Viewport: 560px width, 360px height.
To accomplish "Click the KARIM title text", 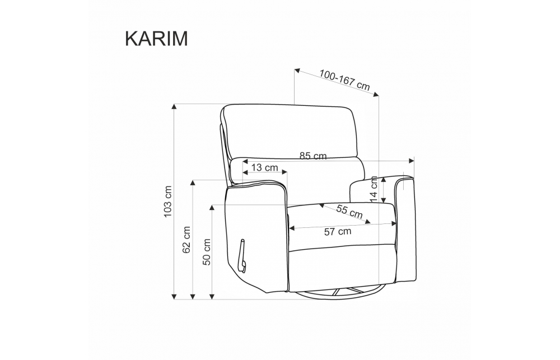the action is point(156,39).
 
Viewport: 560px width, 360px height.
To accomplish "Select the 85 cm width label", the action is point(313,156).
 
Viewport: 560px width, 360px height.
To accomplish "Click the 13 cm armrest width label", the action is point(265,167).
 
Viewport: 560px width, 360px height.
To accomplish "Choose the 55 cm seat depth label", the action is point(349,212).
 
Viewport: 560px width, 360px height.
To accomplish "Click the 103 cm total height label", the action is point(167,202).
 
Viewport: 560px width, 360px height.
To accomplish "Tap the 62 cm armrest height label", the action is point(186,240).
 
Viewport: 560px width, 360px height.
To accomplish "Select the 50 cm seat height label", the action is point(207,252).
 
